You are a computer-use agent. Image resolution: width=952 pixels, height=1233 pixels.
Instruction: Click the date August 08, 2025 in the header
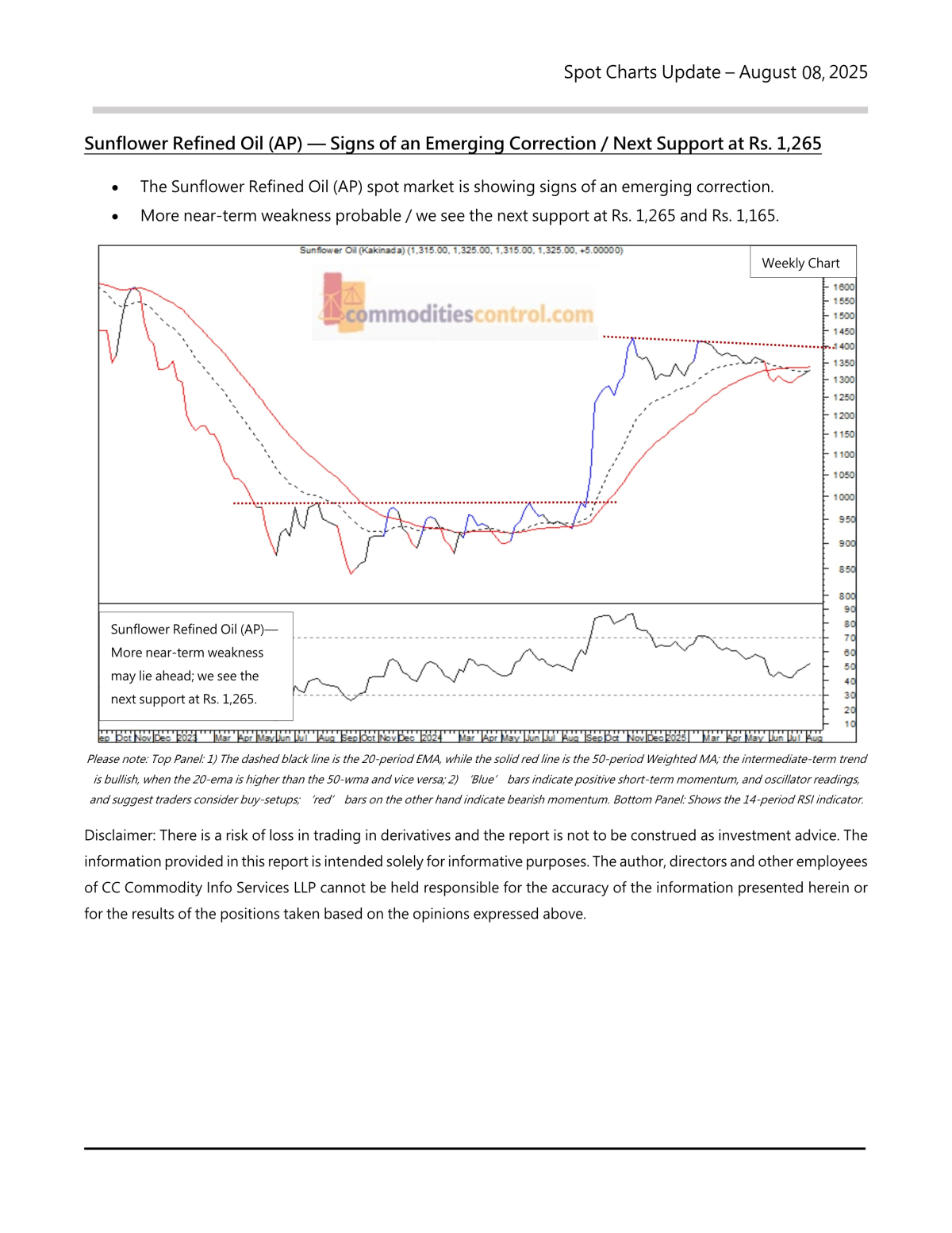click(x=803, y=72)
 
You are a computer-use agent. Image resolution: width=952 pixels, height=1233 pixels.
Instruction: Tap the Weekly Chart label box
click(x=800, y=263)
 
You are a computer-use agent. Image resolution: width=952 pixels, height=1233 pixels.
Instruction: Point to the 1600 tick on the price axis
click(x=844, y=287)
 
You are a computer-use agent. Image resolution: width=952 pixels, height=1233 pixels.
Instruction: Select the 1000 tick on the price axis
click(x=844, y=497)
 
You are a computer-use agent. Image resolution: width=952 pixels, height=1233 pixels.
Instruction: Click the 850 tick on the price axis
click(x=846, y=569)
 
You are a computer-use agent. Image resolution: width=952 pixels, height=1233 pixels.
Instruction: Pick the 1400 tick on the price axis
click(x=846, y=346)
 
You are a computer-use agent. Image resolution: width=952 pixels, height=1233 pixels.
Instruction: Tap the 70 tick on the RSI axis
click(x=850, y=638)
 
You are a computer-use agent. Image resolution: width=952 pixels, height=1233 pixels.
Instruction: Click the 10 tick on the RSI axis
click(x=850, y=723)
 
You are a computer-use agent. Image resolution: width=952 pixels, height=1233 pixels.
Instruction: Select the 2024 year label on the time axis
click(x=432, y=738)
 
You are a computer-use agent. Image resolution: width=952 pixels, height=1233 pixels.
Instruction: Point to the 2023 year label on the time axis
click(x=186, y=738)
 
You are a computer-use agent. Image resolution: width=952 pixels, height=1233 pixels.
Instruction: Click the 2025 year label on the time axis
click(x=676, y=738)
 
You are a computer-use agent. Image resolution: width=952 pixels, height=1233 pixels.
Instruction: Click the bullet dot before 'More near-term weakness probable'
click(x=115, y=217)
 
